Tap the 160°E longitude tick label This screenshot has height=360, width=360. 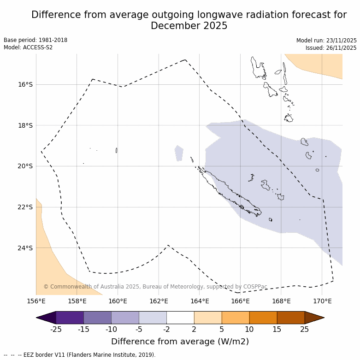118,301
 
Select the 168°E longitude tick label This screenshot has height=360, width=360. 281,301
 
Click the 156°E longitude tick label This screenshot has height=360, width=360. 36,301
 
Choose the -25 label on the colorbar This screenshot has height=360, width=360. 56,329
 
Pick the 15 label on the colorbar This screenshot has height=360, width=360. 277,329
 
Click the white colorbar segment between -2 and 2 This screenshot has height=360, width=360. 180,318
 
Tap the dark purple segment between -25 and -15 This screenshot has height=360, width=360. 70,318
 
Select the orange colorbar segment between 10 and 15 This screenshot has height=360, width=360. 263,318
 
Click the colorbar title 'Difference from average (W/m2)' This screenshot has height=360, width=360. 180,342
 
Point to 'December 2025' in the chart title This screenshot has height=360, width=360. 189,26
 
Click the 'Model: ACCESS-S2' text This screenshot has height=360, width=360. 28,47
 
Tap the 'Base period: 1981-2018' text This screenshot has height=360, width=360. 35,40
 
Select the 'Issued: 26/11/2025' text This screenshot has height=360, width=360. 331,48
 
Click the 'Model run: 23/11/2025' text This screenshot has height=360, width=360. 326,41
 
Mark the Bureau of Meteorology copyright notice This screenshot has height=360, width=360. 155,287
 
